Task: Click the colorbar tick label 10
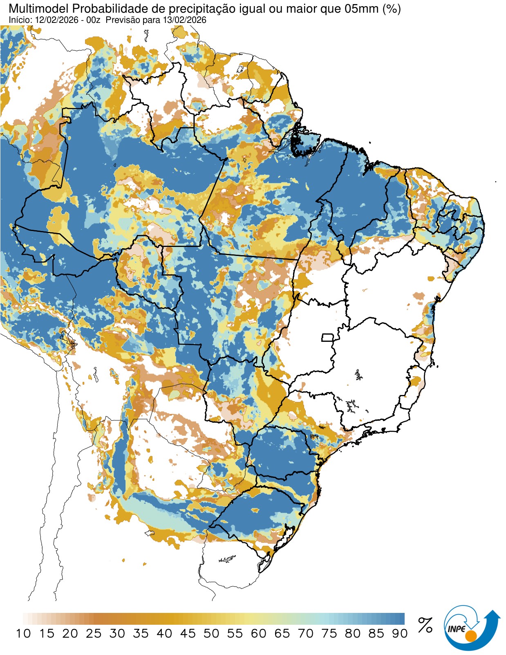(x=23, y=633)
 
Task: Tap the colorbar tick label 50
(x=211, y=633)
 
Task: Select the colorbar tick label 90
(x=399, y=633)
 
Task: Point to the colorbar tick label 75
(x=329, y=633)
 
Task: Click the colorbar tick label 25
(x=94, y=633)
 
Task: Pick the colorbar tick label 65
(x=282, y=633)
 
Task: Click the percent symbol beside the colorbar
(x=425, y=625)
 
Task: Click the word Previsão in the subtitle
(x=122, y=20)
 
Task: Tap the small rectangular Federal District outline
(x=328, y=337)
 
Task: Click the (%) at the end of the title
(x=391, y=9)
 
